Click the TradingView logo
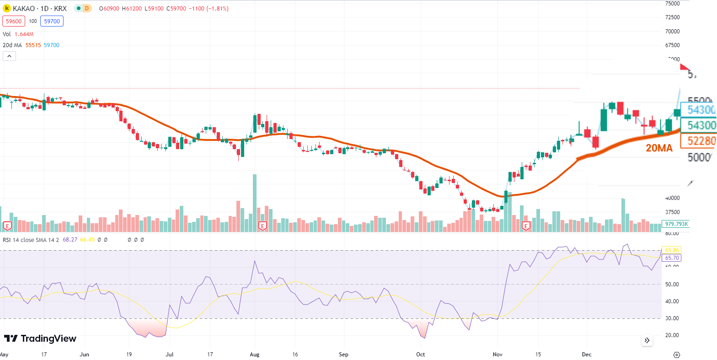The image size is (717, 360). (x=40, y=339)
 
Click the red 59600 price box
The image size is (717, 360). (x=14, y=21)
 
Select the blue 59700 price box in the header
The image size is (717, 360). (x=52, y=21)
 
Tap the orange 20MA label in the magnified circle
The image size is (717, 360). (x=659, y=148)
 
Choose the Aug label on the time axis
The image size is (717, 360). (x=255, y=355)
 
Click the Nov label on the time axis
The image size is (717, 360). (x=498, y=355)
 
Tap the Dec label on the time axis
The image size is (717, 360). (x=587, y=355)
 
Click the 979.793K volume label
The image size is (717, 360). (x=677, y=224)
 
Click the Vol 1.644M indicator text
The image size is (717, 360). (x=18, y=34)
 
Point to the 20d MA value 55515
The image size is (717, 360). (x=33, y=45)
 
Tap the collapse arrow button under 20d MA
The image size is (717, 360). (x=10, y=56)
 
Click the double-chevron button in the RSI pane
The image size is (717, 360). (x=647, y=340)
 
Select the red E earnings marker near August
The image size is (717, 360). (x=262, y=226)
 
